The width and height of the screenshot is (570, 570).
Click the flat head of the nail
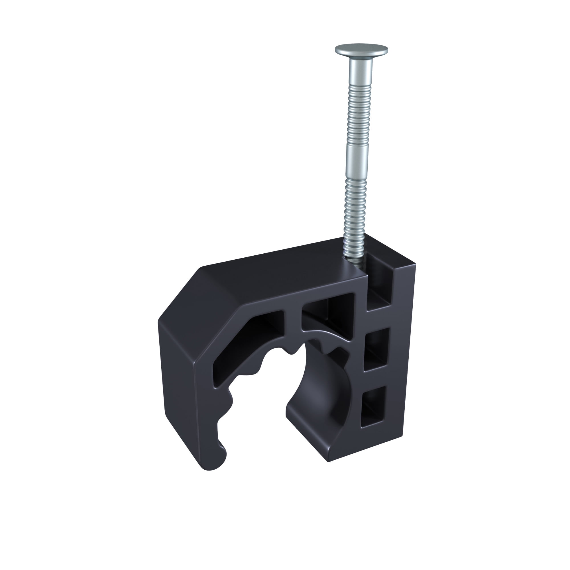click(361, 50)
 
